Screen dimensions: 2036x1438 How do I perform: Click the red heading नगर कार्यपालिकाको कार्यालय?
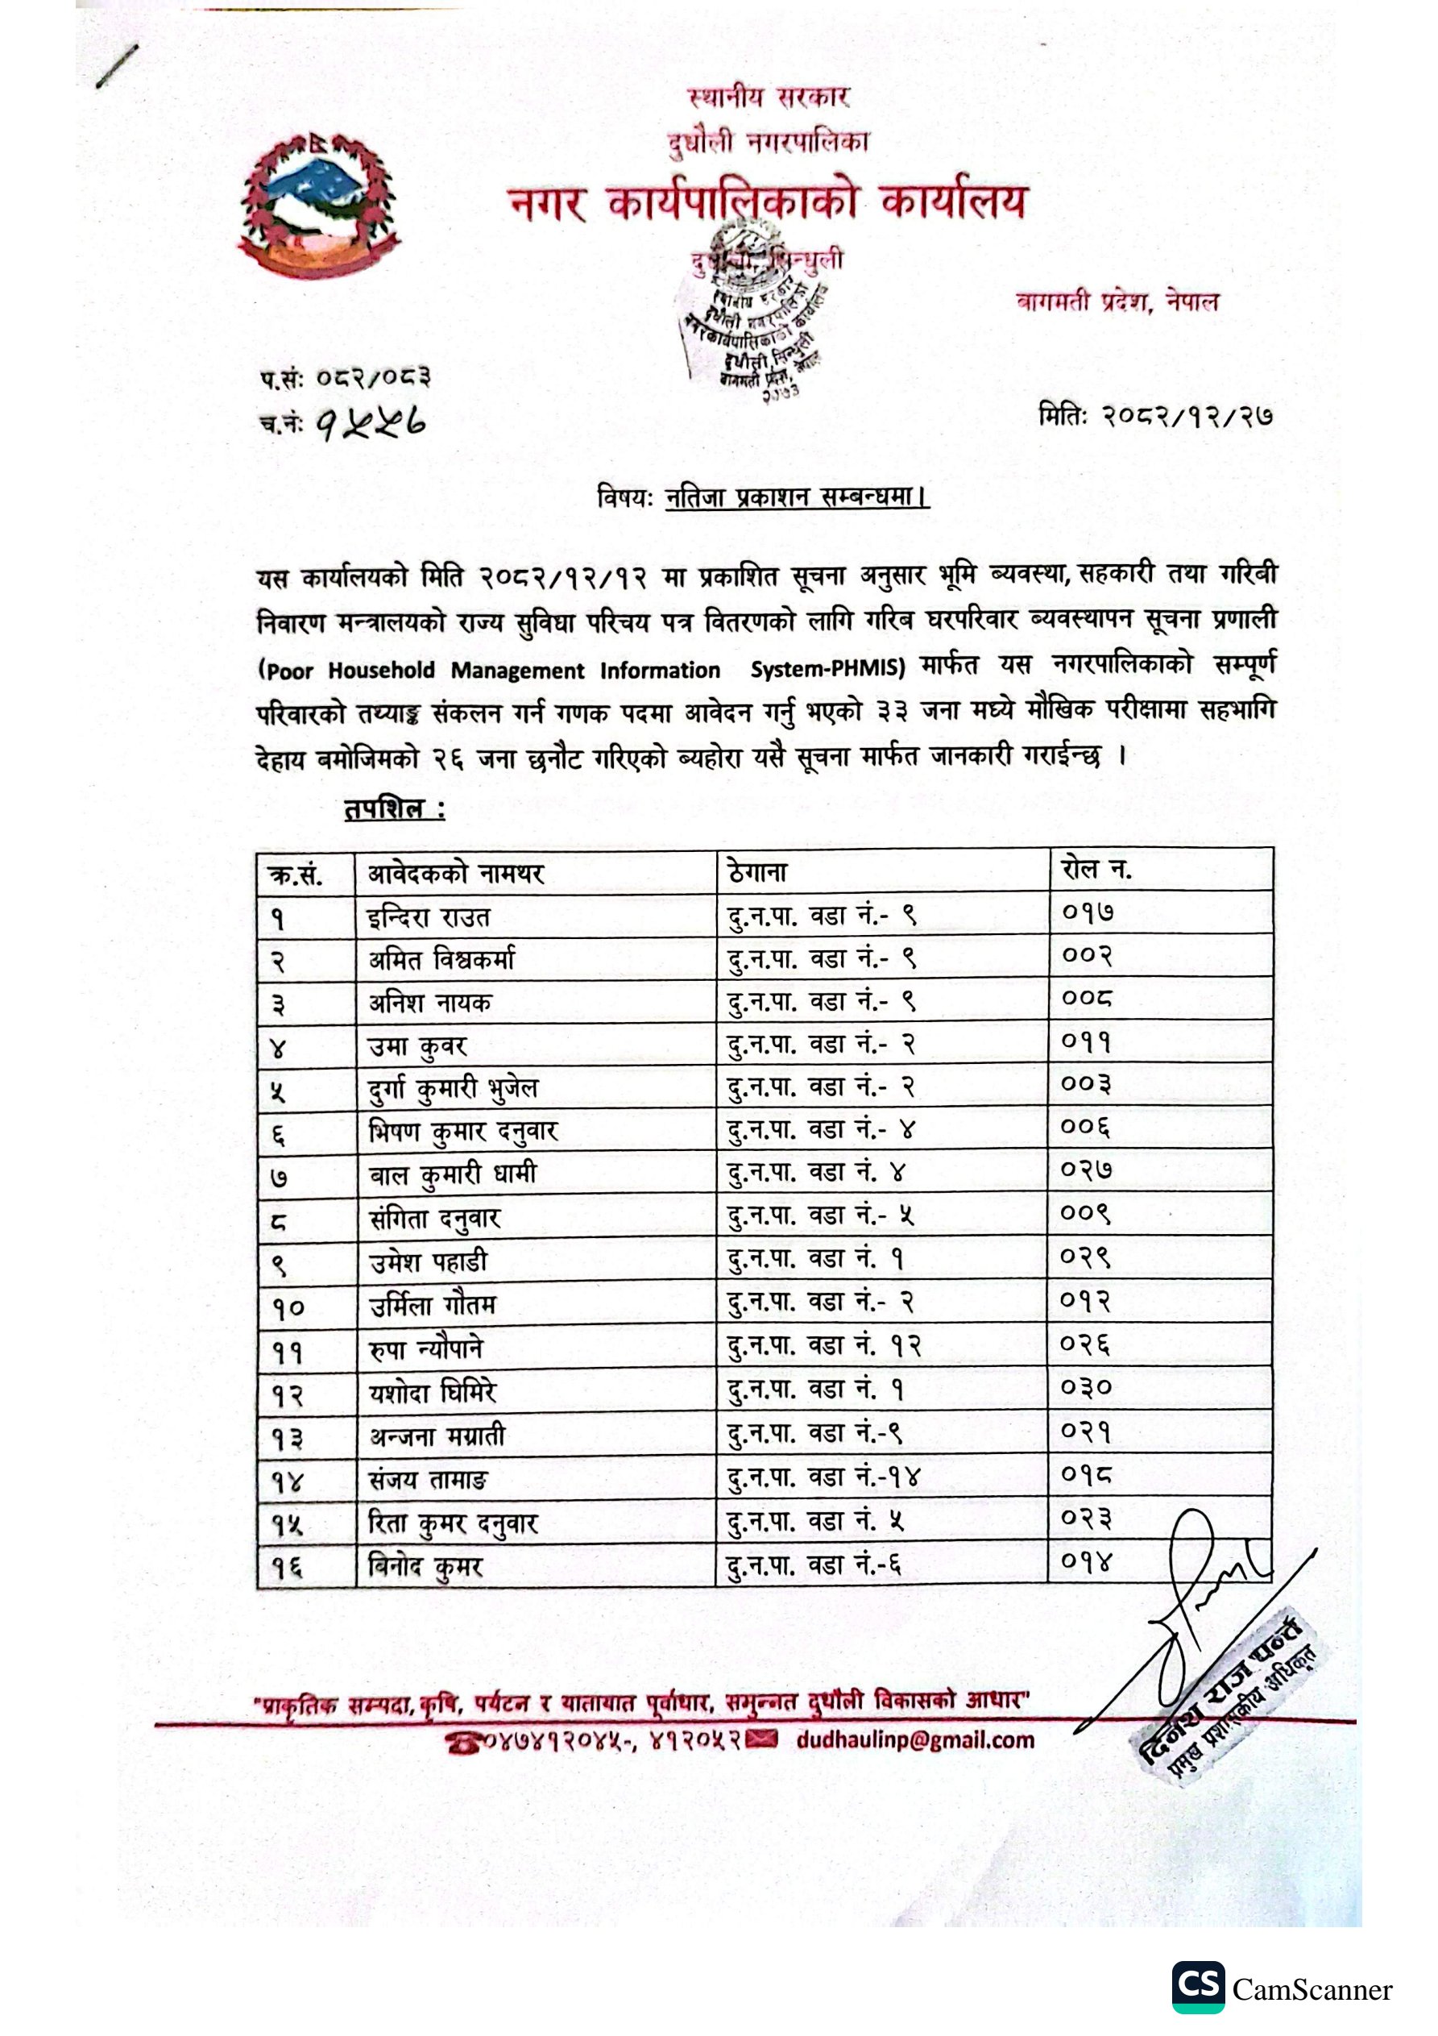point(768,203)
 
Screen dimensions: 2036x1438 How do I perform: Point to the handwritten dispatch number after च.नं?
point(371,424)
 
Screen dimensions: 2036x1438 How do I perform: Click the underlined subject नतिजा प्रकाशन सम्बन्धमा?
point(795,497)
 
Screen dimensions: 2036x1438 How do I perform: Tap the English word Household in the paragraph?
point(381,671)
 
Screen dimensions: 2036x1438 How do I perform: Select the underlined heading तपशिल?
point(394,808)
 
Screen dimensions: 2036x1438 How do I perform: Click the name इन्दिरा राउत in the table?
point(429,917)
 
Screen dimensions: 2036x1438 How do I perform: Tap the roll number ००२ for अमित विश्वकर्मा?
point(1087,956)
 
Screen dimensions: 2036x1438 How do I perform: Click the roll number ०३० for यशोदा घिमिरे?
point(1086,1387)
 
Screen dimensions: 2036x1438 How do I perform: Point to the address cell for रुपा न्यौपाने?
point(823,1346)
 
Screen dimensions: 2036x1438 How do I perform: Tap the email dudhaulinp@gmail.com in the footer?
point(915,1740)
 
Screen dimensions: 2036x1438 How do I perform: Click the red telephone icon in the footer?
point(464,1743)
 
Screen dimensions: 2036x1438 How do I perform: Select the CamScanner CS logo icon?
point(1198,1987)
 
